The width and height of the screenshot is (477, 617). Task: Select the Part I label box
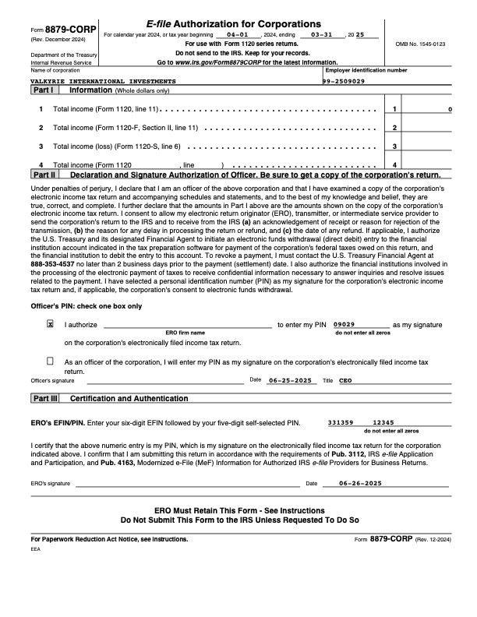click(x=43, y=90)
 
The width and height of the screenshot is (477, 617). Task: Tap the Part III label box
click(x=44, y=398)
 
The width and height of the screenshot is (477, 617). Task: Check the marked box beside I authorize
click(x=51, y=324)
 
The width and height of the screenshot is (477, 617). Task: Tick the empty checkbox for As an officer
click(x=51, y=361)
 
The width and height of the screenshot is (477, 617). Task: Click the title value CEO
click(x=345, y=380)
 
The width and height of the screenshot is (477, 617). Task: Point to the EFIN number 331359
click(x=341, y=422)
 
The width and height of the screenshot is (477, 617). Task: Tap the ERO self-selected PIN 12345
click(x=383, y=422)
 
